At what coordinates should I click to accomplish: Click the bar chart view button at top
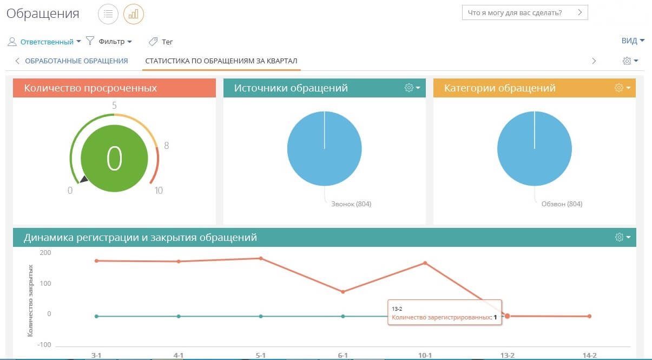point(134,14)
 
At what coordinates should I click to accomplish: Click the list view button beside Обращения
point(108,14)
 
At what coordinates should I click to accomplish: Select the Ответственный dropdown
point(47,42)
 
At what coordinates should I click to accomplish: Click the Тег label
point(167,42)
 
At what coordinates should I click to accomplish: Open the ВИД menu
point(633,41)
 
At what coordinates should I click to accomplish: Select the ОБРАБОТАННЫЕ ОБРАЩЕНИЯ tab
point(76,61)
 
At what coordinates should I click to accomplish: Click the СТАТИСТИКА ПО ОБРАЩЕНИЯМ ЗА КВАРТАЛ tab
point(221,61)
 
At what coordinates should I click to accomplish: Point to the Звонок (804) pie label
point(351,204)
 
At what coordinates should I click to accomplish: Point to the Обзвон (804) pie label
point(562,204)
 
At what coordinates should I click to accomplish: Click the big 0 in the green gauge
point(114,158)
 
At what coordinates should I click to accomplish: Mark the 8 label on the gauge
point(167,145)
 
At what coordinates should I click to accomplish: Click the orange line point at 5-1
point(261,258)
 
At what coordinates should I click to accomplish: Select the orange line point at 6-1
point(343,292)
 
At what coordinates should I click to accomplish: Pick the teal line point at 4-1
point(179,316)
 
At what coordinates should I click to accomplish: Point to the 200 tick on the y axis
point(45,252)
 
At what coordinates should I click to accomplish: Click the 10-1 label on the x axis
point(425,355)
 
